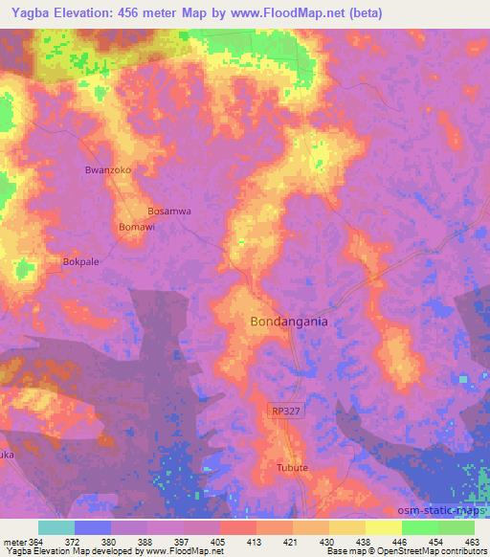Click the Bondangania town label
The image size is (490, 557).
(x=288, y=322)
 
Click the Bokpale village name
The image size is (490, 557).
(x=80, y=260)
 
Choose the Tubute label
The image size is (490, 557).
(x=292, y=468)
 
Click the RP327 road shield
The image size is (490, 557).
(x=285, y=411)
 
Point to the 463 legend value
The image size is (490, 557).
(x=473, y=541)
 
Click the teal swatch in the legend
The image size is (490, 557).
(x=56, y=527)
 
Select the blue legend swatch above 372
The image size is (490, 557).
(x=93, y=527)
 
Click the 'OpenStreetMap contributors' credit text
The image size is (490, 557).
(x=431, y=551)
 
